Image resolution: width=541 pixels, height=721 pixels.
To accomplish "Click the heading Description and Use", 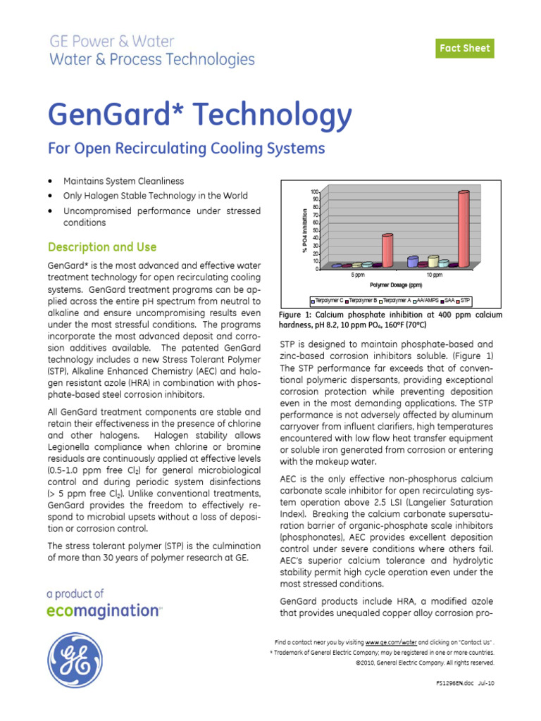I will tap(101, 247).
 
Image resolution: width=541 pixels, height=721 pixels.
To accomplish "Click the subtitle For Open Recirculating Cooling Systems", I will tap(186, 149).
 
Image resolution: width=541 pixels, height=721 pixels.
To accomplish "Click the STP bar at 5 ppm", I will tap(387, 249).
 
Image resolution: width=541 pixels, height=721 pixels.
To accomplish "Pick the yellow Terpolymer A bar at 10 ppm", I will tap(433, 261).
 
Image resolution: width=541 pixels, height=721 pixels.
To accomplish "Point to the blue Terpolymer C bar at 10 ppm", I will tap(413, 261).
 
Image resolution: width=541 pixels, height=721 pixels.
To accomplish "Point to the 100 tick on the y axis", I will tap(315, 192).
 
